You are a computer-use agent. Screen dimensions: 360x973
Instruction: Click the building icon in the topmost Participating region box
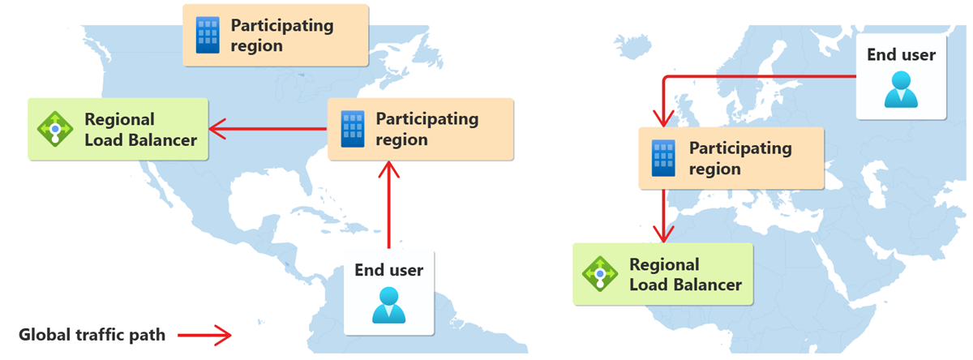point(208,35)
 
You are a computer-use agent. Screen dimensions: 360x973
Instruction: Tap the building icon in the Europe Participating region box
point(664,158)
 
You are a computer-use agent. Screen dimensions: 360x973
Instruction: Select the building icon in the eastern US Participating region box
point(352,130)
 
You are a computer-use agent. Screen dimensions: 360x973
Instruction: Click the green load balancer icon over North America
point(54,129)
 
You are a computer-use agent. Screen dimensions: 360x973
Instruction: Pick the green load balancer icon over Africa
point(600,274)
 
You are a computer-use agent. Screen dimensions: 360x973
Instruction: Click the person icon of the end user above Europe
point(900,90)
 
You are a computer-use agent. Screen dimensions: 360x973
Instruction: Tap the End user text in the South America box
point(389,270)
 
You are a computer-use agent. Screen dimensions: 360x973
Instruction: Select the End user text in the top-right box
point(901,55)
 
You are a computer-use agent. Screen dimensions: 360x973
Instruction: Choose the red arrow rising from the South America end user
point(390,207)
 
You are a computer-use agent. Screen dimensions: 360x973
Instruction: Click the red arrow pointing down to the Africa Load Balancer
point(665,215)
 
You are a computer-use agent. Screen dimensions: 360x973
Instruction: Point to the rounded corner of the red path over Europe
point(667,79)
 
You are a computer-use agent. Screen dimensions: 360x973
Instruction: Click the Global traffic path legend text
point(92,334)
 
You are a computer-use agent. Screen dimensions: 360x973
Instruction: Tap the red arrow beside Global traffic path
point(204,334)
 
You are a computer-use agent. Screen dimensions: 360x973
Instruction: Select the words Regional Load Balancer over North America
point(140,130)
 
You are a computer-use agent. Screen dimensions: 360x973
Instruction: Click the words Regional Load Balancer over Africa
point(685,275)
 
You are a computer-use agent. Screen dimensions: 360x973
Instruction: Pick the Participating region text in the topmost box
point(282,35)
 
